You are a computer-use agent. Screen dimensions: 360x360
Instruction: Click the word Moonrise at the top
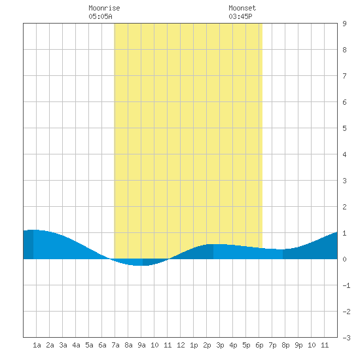[x=104, y=8]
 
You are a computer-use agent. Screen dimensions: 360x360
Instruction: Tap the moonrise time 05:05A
[x=100, y=16]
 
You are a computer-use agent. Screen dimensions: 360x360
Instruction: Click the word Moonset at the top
[x=242, y=8]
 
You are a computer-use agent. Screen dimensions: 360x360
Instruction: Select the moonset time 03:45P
[x=240, y=16]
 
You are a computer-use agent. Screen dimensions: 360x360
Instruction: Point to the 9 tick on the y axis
[x=344, y=24]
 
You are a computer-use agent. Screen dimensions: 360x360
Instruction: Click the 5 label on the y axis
[x=344, y=128]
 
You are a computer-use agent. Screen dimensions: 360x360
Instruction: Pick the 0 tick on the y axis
[x=344, y=259]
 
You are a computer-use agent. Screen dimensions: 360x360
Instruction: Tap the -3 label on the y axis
[x=346, y=338]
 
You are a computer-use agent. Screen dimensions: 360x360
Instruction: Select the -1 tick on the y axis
[x=346, y=285]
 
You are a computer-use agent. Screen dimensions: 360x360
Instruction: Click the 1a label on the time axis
[x=37, y=345]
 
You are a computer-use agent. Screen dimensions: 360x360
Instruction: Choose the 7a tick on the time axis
[x=115, y=345]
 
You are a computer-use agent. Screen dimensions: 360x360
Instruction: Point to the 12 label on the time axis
[x=181, y=345]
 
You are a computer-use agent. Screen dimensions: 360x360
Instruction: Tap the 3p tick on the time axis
[x=220, y=345]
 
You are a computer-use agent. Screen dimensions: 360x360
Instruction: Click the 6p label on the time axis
[x=259, y=345]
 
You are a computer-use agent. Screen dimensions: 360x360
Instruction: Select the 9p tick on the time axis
[x=298, y=345]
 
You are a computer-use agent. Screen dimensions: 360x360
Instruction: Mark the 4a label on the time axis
[x=76, y=345]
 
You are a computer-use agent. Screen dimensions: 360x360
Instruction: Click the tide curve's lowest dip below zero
[x=137, y=265]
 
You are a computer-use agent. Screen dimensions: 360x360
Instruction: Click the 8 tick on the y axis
[x=344, y=50]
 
